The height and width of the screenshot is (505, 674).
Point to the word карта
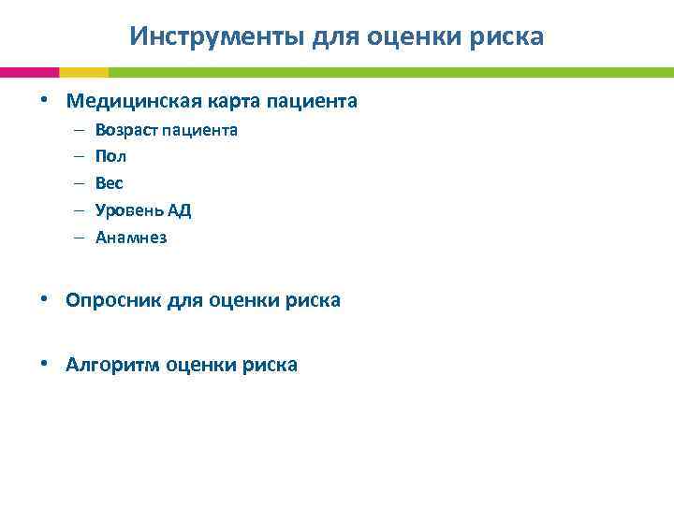click(x=236, y=100)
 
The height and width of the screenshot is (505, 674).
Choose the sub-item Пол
click(x=110, y=156)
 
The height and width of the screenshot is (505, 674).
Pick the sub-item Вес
click(x=110, y=183)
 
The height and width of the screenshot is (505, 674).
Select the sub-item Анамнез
click(x=131, y=238)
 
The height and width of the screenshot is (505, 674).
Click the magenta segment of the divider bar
click(x=29, y=72)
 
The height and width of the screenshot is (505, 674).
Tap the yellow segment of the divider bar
click(x=83, y=72)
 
